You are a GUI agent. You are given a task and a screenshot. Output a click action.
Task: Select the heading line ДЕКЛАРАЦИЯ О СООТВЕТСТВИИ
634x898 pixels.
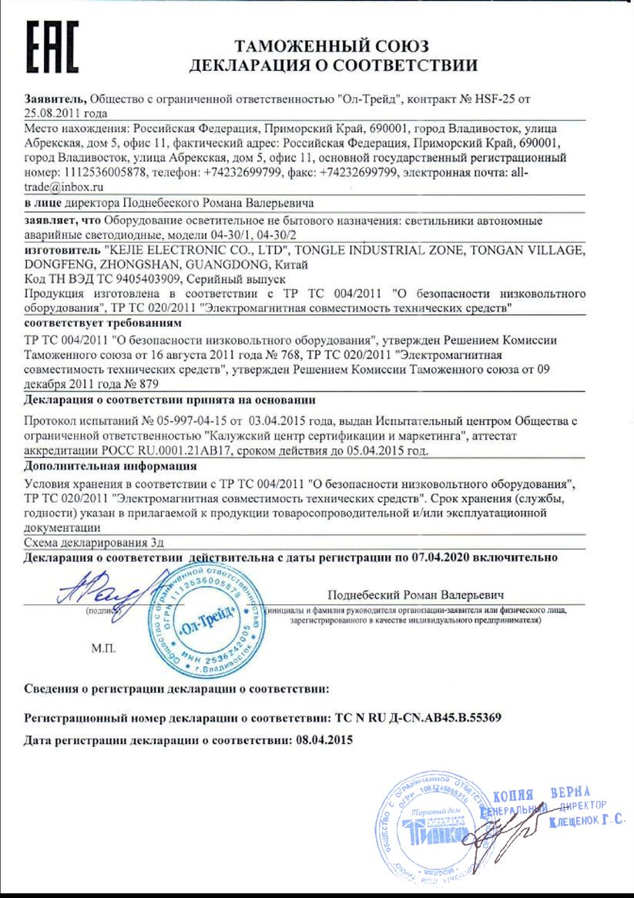(x=333, y=65)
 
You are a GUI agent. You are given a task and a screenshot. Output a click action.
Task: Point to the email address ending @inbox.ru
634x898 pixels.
(x=65, y=187)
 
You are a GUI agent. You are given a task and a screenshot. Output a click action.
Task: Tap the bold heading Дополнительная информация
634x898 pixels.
(x=110, y=466)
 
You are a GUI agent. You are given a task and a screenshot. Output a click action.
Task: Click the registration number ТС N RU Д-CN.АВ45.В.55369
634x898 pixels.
(x=419, y=717)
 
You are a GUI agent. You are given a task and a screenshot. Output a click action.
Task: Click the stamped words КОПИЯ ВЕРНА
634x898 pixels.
(x=541, y=795)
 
